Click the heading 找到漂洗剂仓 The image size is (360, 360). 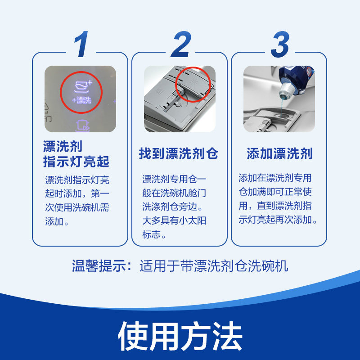tap(179, 153)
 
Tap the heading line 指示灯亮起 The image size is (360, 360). tap(76, 161)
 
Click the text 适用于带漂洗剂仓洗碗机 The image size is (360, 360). tap(213, 265)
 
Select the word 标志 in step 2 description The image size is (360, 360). tap(152, 235)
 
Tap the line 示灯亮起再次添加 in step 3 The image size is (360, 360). tap(279, 220)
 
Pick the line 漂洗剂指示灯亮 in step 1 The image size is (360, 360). tap(77, 180)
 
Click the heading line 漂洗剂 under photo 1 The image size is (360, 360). tap(63, 146)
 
